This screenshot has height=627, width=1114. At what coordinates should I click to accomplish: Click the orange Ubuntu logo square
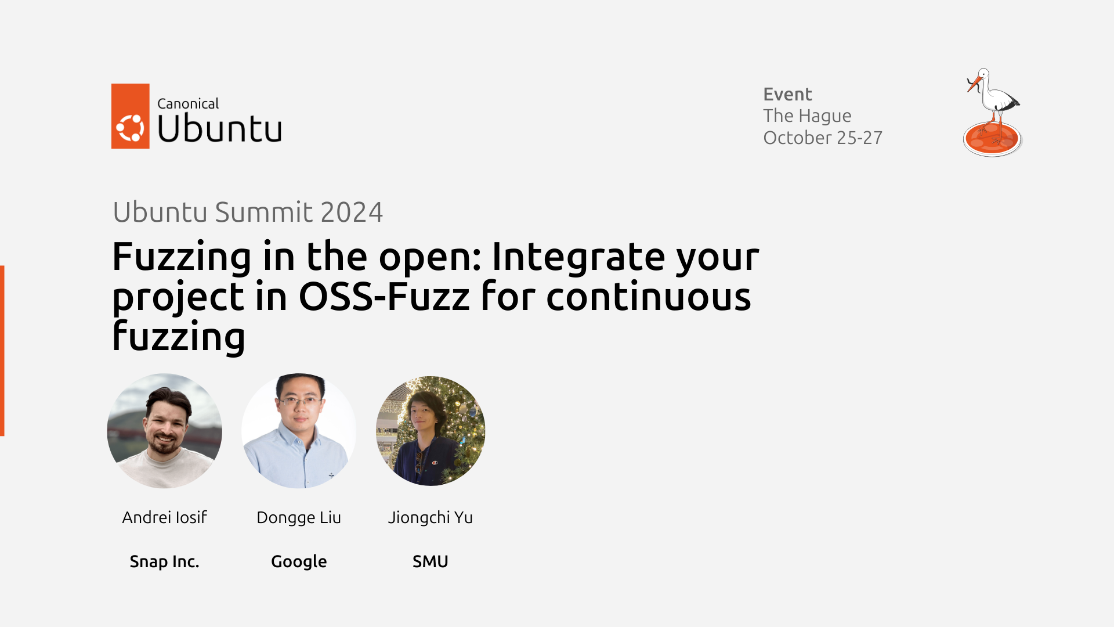[x=131, y=116]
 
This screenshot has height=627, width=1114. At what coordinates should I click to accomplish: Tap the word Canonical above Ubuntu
[x=188, y=104]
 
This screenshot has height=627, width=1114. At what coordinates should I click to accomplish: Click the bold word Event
[x=787, y=94]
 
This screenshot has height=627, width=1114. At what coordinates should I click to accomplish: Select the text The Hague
[x=807, y=116]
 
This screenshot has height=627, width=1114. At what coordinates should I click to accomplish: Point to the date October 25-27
[x=823, y=138]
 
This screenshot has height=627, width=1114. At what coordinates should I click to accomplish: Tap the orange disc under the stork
[x=992, y=139]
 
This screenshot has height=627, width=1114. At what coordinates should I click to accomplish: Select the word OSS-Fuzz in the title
[x=384, y=297]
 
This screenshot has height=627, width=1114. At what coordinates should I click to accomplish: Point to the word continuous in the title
[x=648, y=297]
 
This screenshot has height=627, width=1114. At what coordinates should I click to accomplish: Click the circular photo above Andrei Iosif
[x=165, y=431]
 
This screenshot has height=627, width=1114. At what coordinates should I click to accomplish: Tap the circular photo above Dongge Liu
[x=299, y=431]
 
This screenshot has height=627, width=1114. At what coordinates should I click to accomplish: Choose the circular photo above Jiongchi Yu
[x=431, y=431]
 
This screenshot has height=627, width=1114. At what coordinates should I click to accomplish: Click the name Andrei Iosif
[x=165, y=517]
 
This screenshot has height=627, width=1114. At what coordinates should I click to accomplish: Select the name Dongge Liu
[x=299, y=518]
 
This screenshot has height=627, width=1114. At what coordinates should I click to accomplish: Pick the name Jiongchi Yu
[x=431, y=518]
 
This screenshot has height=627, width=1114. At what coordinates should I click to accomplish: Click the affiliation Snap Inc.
[x=165, y=561]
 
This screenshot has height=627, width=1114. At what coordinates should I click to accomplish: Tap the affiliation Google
[x=299, y=562]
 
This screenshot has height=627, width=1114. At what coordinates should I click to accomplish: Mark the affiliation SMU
[x=431, y=561]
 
